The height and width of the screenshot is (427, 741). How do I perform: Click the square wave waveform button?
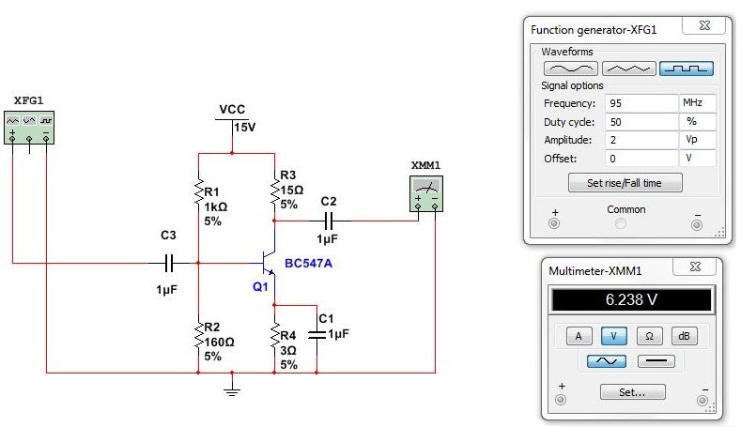[x=687, y=68]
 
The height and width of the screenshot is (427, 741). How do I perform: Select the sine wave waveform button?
[x=570, y=68]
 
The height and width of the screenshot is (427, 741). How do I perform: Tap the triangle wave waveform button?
[x=628, y=68]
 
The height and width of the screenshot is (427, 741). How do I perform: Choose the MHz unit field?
[x=698, y=103]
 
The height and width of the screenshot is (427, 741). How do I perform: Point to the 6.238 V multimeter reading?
[x=630, y=300]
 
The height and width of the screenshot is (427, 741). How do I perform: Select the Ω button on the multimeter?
[x=648, y=336]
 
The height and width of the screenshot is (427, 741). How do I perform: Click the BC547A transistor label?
[x=309, y=264]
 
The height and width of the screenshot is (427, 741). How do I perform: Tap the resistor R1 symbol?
[x=198, y=187]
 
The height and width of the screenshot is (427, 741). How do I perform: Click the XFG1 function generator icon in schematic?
[x=30, y=129]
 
